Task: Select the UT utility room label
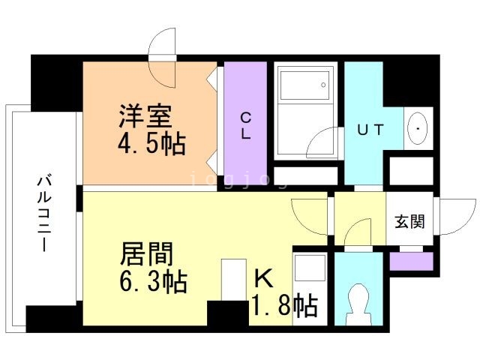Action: [x=370, y=130]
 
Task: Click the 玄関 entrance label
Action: [x=409, y=221]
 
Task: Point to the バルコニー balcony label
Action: [x=43, y=214]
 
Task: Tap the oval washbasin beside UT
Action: [x=417, y=128]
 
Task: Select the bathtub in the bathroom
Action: [x=303, y=97]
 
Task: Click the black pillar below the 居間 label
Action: [x=227, y=313]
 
